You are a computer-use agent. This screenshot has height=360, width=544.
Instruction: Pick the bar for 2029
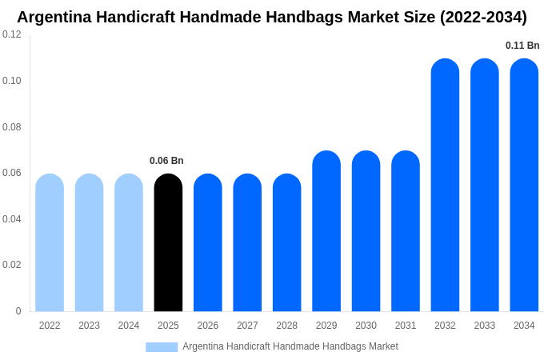tap(326, 231)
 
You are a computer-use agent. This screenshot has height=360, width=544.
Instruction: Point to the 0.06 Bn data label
tap(166, 161)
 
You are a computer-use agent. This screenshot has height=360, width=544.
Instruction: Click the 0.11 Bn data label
tap(522, 46)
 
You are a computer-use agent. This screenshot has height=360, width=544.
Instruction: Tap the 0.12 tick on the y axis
tap(12, 34)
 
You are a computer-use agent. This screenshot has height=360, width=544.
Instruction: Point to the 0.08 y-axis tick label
tap(12, 127)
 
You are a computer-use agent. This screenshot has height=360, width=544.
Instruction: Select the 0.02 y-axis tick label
tap(12, 265)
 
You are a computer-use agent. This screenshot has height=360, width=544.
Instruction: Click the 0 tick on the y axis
tap(18, 311)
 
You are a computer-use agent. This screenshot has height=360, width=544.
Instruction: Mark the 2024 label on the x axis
tap(129, 326)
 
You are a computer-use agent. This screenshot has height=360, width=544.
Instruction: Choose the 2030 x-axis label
tap(366, 326)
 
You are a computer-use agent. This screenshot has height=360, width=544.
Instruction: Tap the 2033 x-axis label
tap(485, 326)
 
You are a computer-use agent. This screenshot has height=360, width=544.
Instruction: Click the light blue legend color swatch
tap(162, 347)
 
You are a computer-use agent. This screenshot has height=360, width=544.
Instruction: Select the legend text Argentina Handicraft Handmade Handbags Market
tap(290, 346)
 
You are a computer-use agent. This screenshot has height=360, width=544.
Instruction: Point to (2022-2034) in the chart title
tap(483, 17)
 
